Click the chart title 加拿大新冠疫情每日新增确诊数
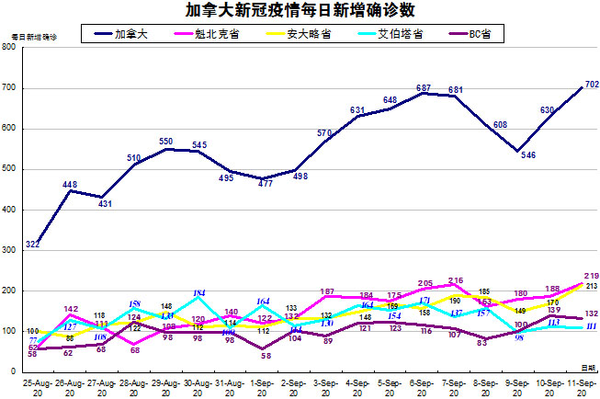[300, 11]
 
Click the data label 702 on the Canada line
[592, 85]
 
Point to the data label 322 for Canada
[32, 245]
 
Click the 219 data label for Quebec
[592, 276]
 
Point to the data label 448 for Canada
[69, 185]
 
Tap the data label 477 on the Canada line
[263, 184]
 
